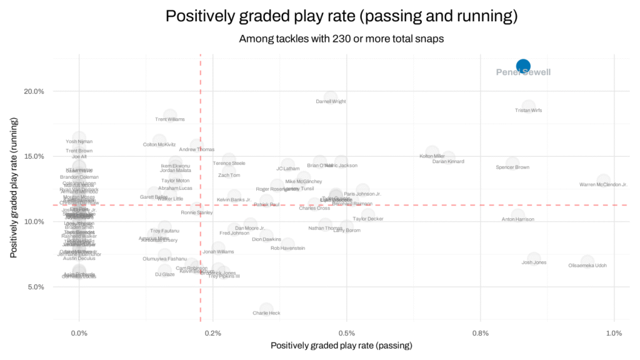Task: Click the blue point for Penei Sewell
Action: coord(523,66)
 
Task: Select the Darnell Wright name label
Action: coord(331,101)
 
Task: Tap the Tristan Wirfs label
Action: coord(528,111)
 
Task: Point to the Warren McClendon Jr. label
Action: coord(603,185)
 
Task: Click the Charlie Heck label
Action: coord(266,313)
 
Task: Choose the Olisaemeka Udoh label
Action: coord(587,266)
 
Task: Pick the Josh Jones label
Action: coord(534,262)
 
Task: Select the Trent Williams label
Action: coord(170,119)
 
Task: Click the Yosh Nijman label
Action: coord(79,142)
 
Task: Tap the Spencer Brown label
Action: coord(512,167)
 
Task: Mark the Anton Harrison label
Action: coord(518,219)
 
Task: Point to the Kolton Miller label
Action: coord(432,156)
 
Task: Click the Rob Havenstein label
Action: coord(287,248)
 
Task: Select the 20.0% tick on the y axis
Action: coord(34,91)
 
